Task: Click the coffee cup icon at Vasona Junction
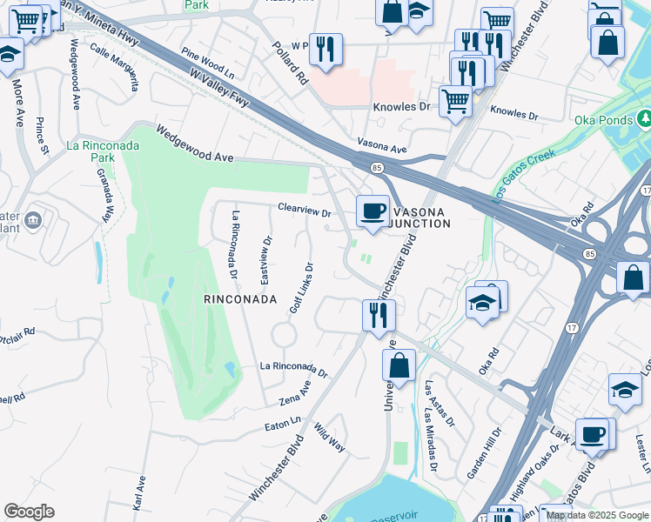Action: (x=373, y=211)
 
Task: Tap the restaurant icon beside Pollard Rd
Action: (x=325, y=49)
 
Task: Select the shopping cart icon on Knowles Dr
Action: (x=455, y=102)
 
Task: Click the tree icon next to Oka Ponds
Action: (x=645, y=117)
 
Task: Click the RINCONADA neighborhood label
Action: (x=240, y=298)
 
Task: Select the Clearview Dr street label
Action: (x=305, y=211)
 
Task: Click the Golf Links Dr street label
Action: (x=301, y=288)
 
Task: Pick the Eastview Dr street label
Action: (x=266, y=259)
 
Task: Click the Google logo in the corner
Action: (x=29, y=512)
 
